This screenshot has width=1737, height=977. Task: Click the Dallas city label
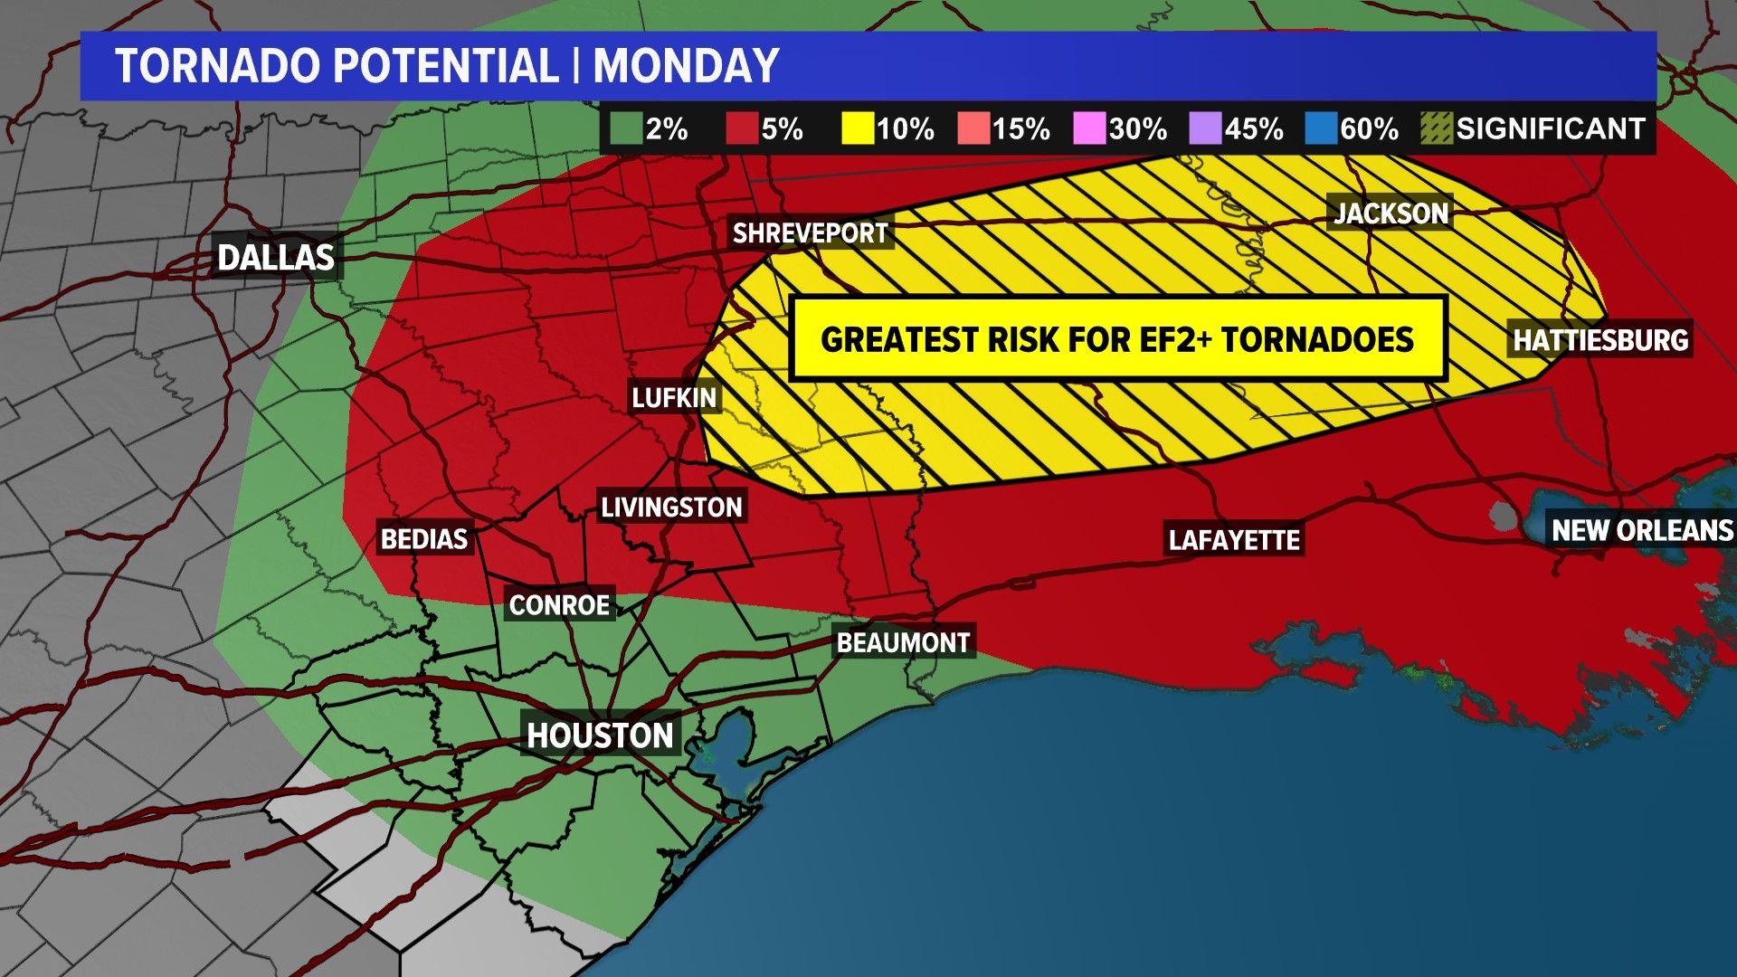[276, 258]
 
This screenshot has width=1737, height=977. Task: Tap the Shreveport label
[810, 233]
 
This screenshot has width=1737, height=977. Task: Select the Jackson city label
[1391, 213]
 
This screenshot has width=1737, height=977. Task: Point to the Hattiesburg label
[1599, 340]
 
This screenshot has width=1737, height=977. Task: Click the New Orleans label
[1641, 530]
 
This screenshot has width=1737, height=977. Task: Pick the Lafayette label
[1234, 541]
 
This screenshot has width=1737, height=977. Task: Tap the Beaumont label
[903, 643]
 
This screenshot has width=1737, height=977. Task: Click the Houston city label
[600, 735]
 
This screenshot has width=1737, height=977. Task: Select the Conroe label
[559, 605]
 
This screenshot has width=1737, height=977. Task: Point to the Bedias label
[423, 539]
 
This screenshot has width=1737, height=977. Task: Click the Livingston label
[671, 507]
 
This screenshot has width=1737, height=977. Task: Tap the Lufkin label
[674, 398]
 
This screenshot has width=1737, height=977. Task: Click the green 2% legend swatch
[626, 129]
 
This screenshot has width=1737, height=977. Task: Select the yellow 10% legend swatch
[858, 129]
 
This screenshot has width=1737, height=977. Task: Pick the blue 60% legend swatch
[1321, 129]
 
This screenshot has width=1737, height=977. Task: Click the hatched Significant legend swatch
[1437, 129]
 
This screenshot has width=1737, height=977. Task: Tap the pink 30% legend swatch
[1089, 129]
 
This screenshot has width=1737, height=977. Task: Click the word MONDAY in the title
[686, 66]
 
